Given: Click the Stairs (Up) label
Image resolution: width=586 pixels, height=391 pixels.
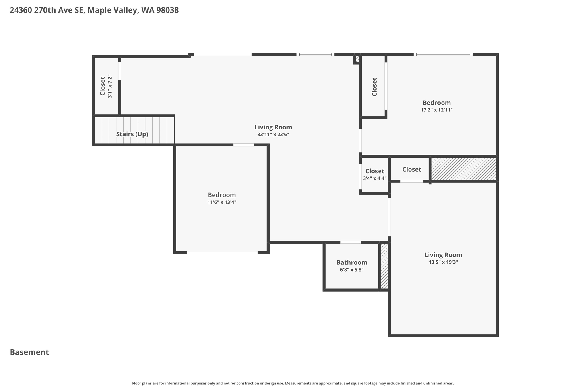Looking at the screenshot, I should click(132, 134).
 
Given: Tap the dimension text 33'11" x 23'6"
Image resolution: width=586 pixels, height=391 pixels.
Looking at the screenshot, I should click(273, 135).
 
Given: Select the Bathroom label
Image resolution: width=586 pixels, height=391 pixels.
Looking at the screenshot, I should click(351, 262).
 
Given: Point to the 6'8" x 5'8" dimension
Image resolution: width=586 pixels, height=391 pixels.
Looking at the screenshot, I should click(351, 270).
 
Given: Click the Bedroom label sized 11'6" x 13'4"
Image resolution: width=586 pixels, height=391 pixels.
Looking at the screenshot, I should click(222, 195).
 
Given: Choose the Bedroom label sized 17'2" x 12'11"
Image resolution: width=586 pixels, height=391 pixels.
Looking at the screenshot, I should click(436, 103).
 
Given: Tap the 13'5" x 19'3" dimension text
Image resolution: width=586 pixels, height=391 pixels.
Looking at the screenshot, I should click(443, 262).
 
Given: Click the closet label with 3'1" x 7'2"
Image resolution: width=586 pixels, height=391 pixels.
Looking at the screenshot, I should click(102, 86).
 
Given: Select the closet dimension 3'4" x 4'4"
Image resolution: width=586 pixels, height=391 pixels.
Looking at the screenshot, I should click(374, 178).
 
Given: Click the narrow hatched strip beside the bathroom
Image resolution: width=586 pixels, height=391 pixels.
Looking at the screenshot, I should click(384, 266).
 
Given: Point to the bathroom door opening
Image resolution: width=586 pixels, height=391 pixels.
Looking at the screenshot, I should click(351, 242).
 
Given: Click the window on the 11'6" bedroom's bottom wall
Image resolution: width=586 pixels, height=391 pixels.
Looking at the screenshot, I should click(222, 252).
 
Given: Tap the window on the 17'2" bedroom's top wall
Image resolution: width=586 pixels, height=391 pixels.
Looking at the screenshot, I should click(443, 54).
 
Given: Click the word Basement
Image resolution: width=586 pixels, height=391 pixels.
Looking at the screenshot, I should click(29, 352).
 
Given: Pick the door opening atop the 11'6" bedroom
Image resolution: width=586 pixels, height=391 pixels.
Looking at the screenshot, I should click(243, 145).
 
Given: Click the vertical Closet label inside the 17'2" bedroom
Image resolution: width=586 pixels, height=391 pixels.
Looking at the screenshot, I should click(374, 87).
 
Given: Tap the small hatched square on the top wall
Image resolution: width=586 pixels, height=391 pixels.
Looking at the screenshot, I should click(357, 59).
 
